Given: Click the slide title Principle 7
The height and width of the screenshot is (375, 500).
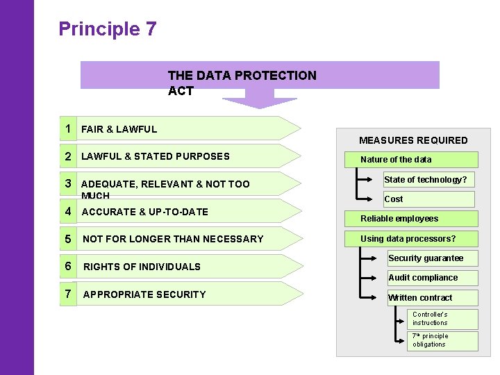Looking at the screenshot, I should pos(108,29).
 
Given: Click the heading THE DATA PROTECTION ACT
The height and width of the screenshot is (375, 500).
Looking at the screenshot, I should pos(242,83).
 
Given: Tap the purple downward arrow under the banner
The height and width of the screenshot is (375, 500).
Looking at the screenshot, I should pos(259,101).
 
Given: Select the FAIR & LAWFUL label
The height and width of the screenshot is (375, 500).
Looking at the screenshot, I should pos(119,129).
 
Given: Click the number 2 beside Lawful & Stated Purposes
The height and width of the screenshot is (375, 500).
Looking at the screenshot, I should pos(69,156).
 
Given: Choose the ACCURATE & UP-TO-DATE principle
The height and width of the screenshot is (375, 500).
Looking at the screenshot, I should pos(144,212).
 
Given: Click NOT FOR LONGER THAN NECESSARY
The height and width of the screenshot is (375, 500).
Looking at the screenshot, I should pos(173,239).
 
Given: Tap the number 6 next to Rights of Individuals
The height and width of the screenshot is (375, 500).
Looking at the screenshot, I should pos(69,266).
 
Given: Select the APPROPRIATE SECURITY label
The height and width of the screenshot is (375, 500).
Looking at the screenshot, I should pos(144,294).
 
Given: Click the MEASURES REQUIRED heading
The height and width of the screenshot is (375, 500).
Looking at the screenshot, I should pos(413,140).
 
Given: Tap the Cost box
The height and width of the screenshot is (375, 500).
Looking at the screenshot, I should pos(428,199).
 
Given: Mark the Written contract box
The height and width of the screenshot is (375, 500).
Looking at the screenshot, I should pos(431,298).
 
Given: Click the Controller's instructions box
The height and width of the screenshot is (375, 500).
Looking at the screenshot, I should pos(443,319).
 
